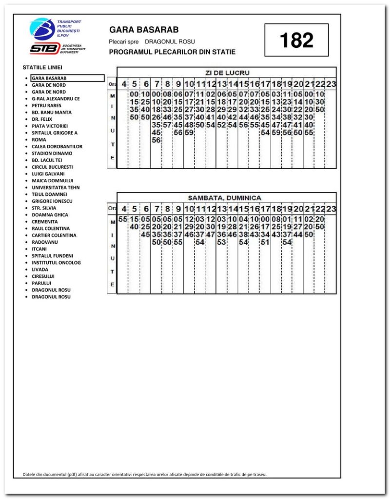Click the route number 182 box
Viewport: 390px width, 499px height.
click(296, 40)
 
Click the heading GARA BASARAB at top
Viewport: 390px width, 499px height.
click(144, 30)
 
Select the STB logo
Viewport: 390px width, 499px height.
click(44, 48)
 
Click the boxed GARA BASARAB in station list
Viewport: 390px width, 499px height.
click(49, 78)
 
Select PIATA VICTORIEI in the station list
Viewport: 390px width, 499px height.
click(50, 126)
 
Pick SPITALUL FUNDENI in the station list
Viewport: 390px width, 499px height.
click(52, 255)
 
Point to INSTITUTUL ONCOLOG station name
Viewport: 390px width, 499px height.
click(56, 262)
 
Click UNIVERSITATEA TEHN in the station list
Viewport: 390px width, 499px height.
click(56, 187)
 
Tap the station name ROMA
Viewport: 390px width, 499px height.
click(39, 139)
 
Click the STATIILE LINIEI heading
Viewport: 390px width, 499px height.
click(42, 67)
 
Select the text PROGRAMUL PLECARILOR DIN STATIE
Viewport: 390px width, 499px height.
click(172, 52)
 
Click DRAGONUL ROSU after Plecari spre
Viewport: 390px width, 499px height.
click(170, 41)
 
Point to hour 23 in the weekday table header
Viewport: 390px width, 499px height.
click(331, 84)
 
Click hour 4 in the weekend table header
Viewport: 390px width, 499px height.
click(123, 209)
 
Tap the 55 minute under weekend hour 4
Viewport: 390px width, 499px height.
click(123, 219)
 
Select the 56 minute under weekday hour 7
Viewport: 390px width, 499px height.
click(156, 140)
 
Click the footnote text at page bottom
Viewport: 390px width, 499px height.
click(145, 474)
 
